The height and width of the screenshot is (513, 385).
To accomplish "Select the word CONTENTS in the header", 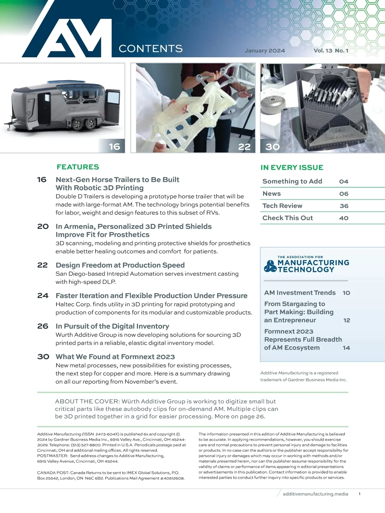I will click(150, 49).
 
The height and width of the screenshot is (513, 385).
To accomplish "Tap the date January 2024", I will click(264, 51).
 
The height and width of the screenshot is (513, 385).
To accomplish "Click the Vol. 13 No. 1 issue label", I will click(331, 51).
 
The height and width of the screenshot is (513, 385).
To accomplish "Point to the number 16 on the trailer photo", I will click(114, 147).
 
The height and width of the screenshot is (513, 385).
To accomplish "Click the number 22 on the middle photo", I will click(244, 147).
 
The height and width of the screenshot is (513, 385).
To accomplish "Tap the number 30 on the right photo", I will click(272, 147).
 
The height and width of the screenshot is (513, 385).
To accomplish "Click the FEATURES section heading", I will click(78, 167).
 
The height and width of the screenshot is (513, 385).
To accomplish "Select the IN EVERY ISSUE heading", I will click(292, 168).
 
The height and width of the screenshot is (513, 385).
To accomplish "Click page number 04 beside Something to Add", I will click(344, 181).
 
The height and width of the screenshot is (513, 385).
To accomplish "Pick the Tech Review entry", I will click(282, 206).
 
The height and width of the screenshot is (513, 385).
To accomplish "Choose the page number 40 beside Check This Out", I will click(344, 218).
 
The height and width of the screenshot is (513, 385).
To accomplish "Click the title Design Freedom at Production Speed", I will click(120, 265).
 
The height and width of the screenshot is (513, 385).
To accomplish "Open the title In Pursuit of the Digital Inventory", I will click(112, 326).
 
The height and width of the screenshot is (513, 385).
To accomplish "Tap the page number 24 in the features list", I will click(43, 296).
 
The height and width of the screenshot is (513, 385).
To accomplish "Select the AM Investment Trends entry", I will click(300, 293).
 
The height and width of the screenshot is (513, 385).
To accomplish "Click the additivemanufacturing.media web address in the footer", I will click(315, 494).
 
